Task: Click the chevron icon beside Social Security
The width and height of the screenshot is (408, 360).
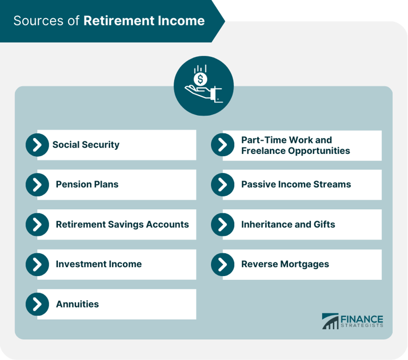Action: pyautogui.click(x=37, y=145)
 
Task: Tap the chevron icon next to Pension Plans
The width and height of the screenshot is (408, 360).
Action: pyautogui.click(x=37, y=185)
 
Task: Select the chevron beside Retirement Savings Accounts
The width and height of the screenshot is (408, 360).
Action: pyautogui.click(x=37, y=225)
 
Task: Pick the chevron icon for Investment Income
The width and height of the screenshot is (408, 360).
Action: pyautogui.click(x=37, y=264)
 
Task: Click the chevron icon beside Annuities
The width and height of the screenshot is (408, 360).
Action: pyautogui.click(x=37, y=304)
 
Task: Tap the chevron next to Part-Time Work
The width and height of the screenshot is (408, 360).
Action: pyautogui.click(x=223, y=145)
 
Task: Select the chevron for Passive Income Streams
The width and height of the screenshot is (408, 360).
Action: pyautogui.click(x=223, y=185)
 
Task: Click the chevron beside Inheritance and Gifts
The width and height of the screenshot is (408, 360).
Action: pyautogui.click(x=223, y=225)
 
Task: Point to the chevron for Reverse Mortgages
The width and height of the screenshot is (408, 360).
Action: pyautogui.click(x=223, y=264)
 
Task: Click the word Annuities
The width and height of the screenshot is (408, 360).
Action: pyautogui.click(x=77, y=304)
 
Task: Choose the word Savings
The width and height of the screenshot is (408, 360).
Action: pyautogui.click(x=123, y=224)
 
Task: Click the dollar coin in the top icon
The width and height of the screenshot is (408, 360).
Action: pyautogui.click(x=200, y=79)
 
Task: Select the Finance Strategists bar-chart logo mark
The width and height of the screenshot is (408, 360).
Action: pyautogui.click(x=330, y=321)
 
